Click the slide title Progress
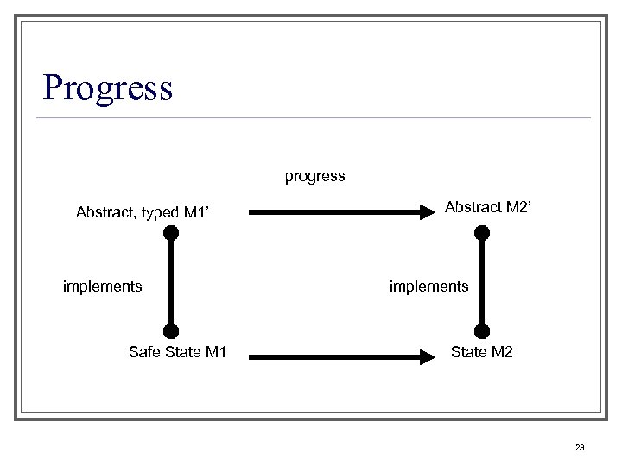click(108, 87)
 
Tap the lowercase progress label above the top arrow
click(315, 176)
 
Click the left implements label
click(103, 286)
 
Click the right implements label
click(429, 286)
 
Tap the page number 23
click(579, 447)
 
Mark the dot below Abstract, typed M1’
click(171, 232)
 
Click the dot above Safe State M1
click(171, 331)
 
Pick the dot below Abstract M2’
click(482, 232)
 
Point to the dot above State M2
click(482, 331)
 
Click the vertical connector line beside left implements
click(171, 281)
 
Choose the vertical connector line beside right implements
click(482, 281)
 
